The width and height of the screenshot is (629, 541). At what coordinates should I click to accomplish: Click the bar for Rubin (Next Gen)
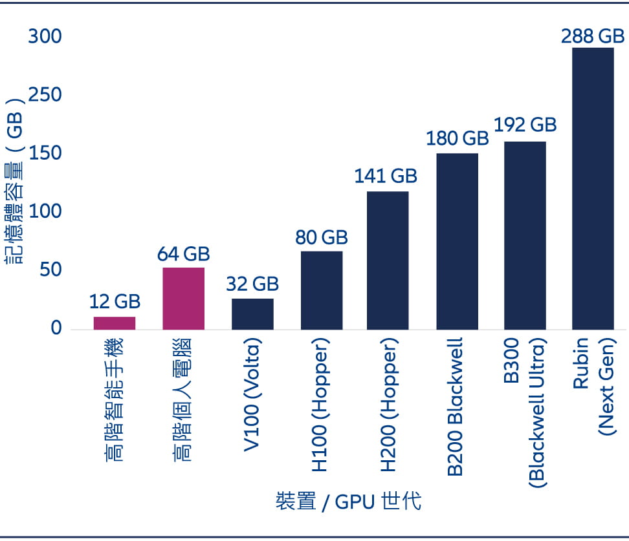point(593,188)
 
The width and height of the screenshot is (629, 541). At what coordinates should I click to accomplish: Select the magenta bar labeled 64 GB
point(184,298)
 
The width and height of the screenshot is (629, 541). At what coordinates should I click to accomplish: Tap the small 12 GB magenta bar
point(115,323)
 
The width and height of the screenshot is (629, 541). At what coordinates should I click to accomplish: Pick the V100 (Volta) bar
point(252,313)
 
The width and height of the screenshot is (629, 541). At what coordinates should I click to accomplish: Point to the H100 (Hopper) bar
point(322,290)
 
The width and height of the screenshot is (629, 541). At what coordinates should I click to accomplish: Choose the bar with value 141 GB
point(388,260)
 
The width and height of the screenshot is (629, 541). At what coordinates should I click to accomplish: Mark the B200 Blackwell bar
point(457,241)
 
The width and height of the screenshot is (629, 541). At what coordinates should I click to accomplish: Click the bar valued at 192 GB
point(525,235)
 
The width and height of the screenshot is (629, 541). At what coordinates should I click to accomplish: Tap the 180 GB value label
point(457,138)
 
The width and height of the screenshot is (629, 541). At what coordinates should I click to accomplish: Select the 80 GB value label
point(322,237)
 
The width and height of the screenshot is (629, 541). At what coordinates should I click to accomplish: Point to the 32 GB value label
point(252,284)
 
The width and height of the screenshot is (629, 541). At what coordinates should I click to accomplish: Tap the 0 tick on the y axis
point(56,328)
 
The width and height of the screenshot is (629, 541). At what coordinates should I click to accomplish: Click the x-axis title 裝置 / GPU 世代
point(349,502)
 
